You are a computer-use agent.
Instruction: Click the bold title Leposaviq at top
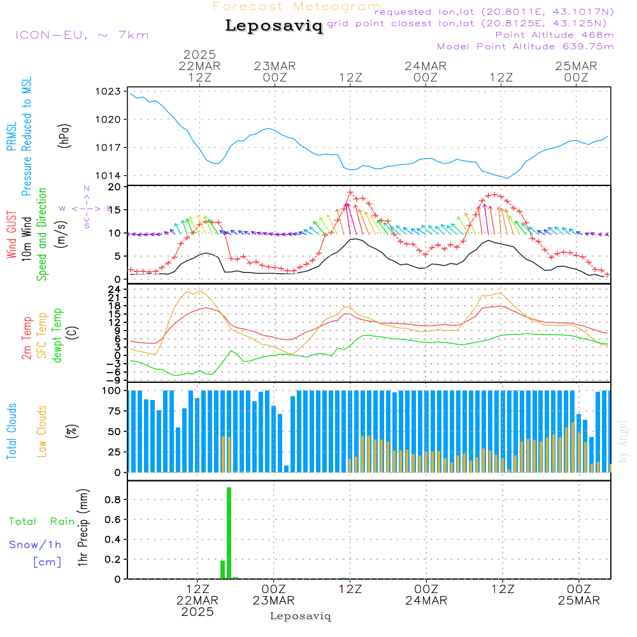pos(274,26)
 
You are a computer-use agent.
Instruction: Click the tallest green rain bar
pos(229,533)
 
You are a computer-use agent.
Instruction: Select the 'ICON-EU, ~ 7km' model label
pos(82,35)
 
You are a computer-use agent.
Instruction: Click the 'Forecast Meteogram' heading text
pos(297,6)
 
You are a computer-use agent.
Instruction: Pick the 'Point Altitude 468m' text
pos(554,34)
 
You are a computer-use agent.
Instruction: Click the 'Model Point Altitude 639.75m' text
pos(526,47)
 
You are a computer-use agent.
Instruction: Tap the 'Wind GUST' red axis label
pos(12,236)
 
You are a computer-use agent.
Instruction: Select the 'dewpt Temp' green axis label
pos(57,336)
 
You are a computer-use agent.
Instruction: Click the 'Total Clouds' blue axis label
pos(12,431)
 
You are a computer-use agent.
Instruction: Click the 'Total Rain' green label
pos(42,522)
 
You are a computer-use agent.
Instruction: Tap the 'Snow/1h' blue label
pos(35,545)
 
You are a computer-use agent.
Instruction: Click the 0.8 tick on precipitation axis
pos(113,500)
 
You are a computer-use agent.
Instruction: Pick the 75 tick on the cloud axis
pos(113,411)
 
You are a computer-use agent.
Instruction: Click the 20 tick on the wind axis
pos(115,187)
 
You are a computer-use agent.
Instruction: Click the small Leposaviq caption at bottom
pos(300,616)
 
